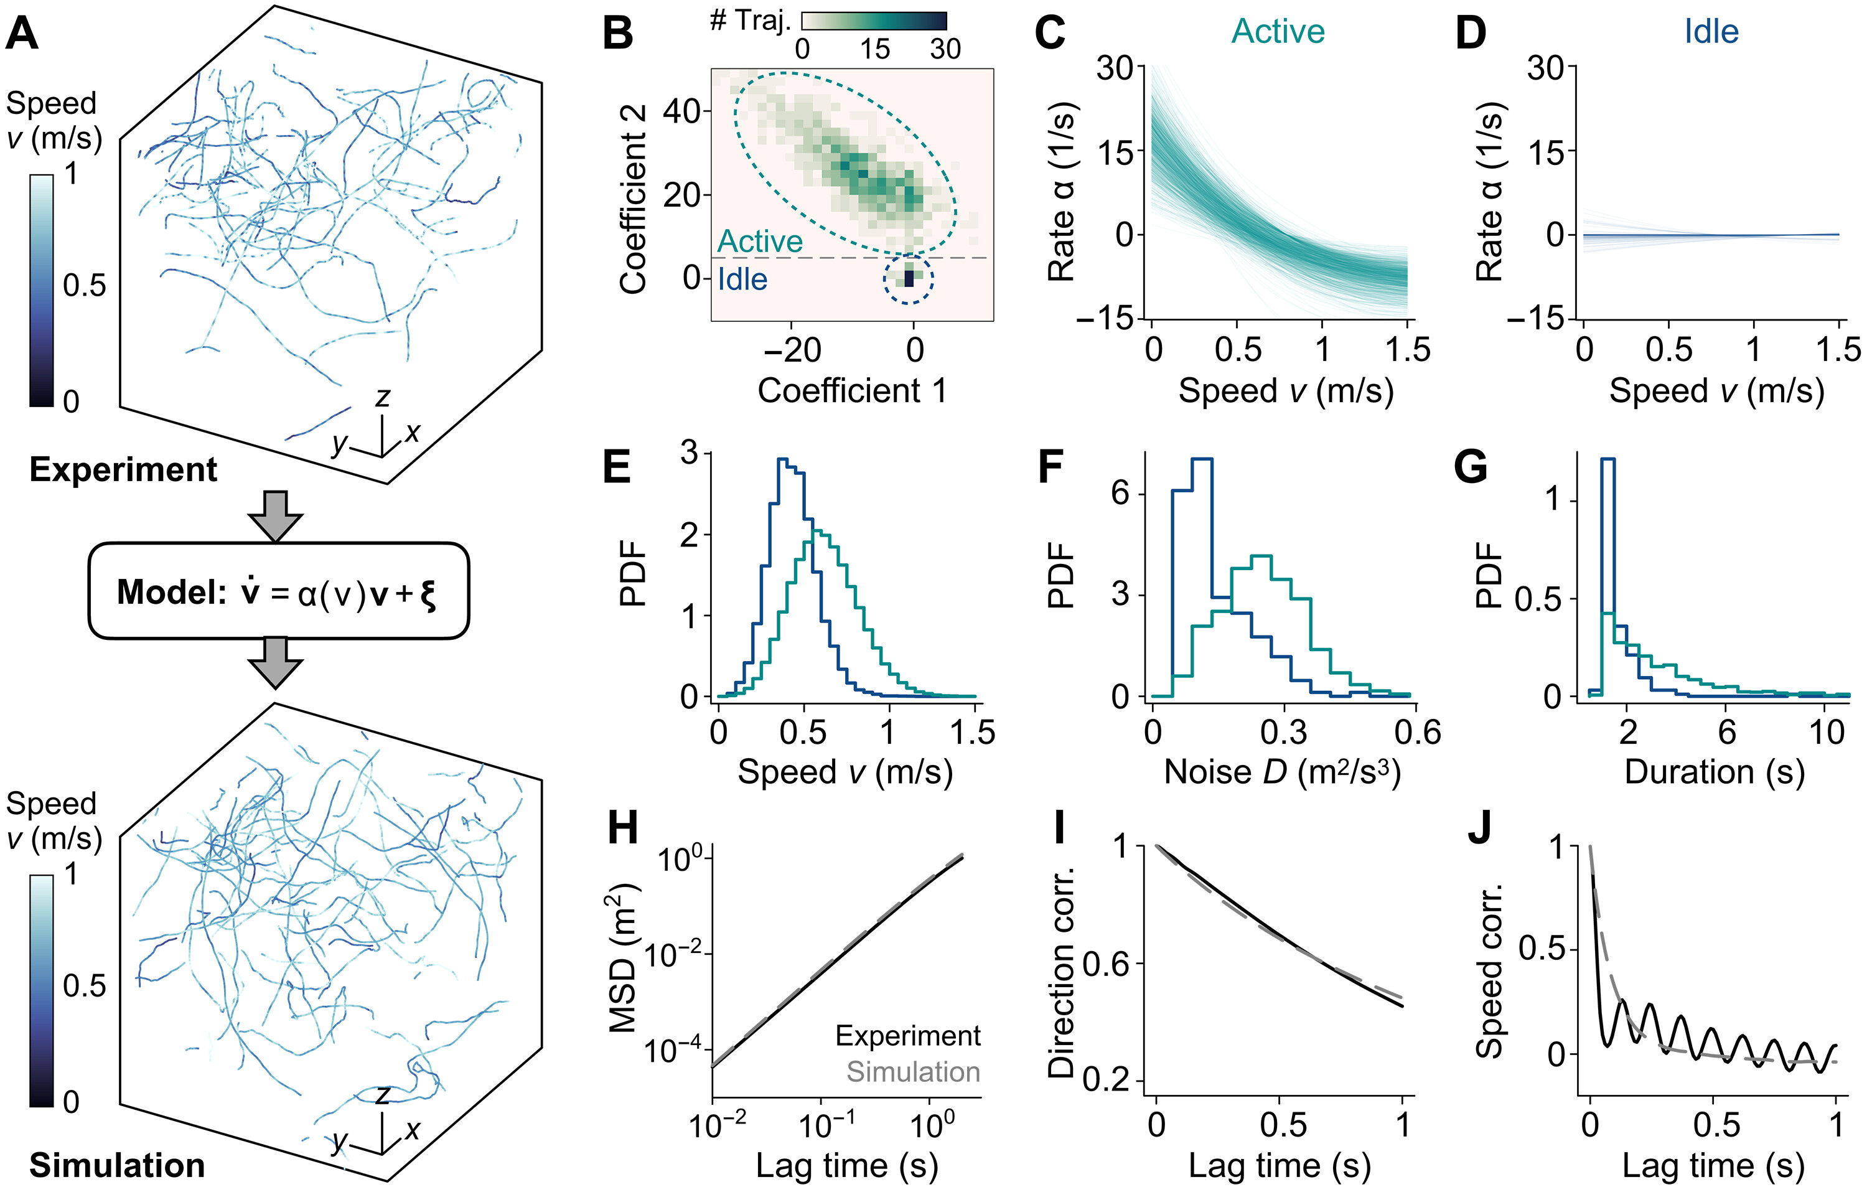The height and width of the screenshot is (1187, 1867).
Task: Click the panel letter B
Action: point(617,35)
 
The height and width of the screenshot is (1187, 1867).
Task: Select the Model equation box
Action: point(278,591)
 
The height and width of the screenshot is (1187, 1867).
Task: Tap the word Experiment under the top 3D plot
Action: point(123,470)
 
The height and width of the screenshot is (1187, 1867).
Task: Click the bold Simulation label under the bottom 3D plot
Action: point(117,1165)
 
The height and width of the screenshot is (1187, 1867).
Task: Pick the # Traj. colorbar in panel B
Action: point(874,22)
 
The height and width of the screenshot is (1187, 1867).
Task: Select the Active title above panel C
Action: point(1278,32)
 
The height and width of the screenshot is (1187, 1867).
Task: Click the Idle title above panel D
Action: point(1711,32)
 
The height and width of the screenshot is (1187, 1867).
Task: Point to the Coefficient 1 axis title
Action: point(851,390)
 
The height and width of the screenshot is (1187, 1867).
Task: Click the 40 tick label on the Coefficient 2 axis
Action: point(682,111)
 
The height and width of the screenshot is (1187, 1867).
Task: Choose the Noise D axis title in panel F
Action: point(1283,772)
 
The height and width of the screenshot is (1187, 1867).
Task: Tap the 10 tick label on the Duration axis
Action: point(1827,732)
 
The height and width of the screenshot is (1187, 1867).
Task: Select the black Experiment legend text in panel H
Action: point(907,1036)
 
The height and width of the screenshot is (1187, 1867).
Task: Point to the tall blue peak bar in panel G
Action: point(1607,543)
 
